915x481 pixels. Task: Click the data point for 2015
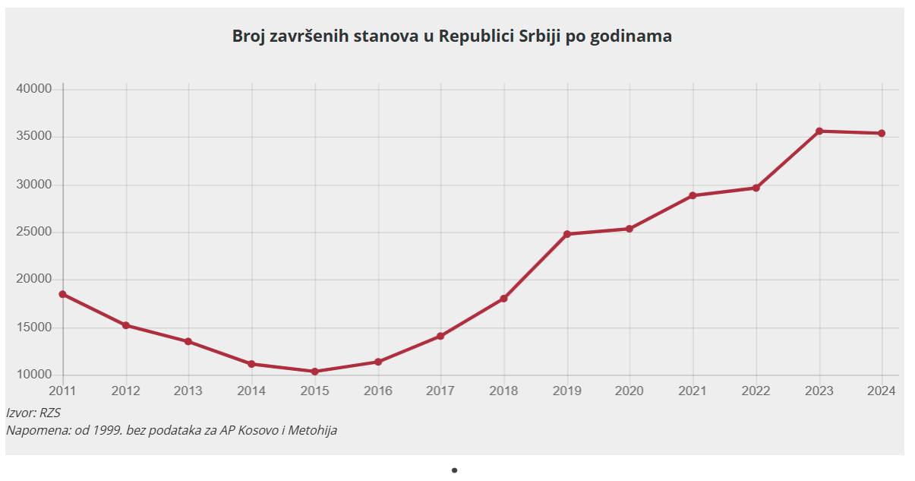coord(314,372)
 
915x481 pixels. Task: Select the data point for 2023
coord(819,131)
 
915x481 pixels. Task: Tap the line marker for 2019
coord(567,234)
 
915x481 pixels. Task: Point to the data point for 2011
coord(63,294)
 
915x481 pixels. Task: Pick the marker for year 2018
coord(504,299)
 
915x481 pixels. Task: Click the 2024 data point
coord(882,134)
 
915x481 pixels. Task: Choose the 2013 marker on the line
coord(188,341)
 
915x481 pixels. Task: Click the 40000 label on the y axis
coord(33,89)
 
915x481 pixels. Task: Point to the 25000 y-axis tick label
coord(33,232)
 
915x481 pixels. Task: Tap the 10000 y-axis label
coord(33,375)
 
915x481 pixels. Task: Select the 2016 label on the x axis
coord(377,391)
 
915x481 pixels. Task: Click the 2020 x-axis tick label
coord(629,391)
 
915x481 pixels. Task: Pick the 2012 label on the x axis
coord(125,391)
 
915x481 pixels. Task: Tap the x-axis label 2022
coord(756,391)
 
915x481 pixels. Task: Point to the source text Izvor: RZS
coord(33,413)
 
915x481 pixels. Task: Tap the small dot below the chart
coord(454,470)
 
